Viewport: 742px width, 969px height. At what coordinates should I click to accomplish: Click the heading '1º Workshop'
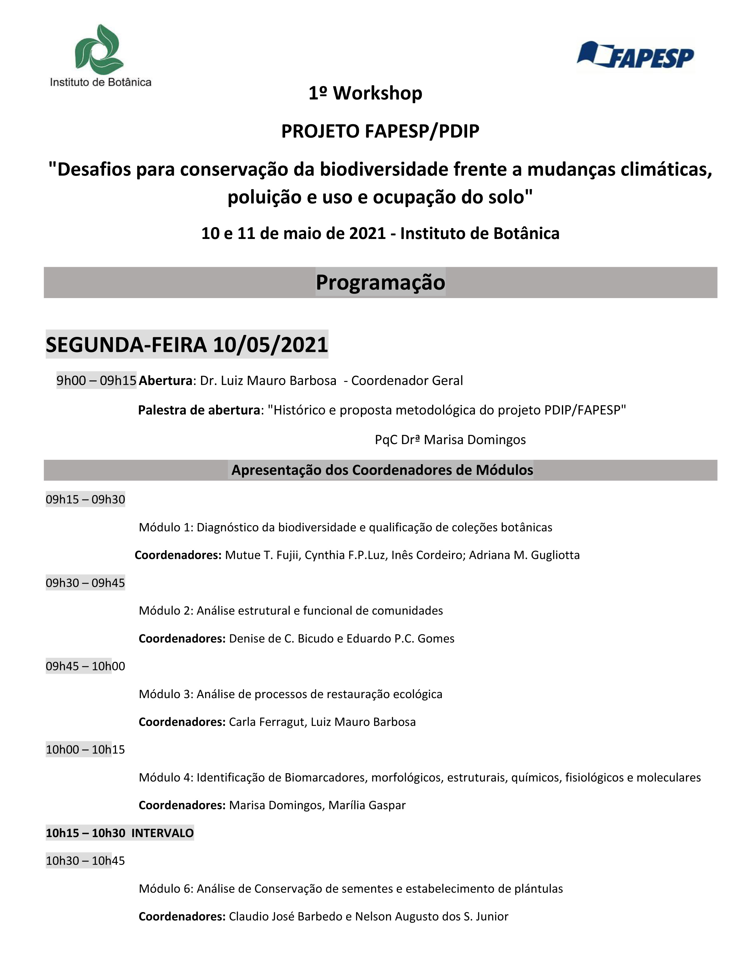[x=365, y=93]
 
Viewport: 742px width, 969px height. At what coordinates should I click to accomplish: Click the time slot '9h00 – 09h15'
[x=96, y=380]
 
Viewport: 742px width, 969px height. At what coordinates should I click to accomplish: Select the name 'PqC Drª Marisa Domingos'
[x=450, y=440]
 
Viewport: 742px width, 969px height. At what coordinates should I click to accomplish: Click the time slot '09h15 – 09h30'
[x=85, y=499]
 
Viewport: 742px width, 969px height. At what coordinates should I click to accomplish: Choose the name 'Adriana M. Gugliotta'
[x=524, y=555]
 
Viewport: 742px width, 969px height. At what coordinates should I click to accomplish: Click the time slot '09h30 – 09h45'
[x=85, y=583]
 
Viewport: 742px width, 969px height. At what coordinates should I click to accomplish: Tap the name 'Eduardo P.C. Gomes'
[x=400, y=638]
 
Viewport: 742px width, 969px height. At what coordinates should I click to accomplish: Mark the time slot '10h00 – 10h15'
[x=85, y=749]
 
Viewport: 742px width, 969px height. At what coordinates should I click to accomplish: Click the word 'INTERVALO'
[x=163, y=833]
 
